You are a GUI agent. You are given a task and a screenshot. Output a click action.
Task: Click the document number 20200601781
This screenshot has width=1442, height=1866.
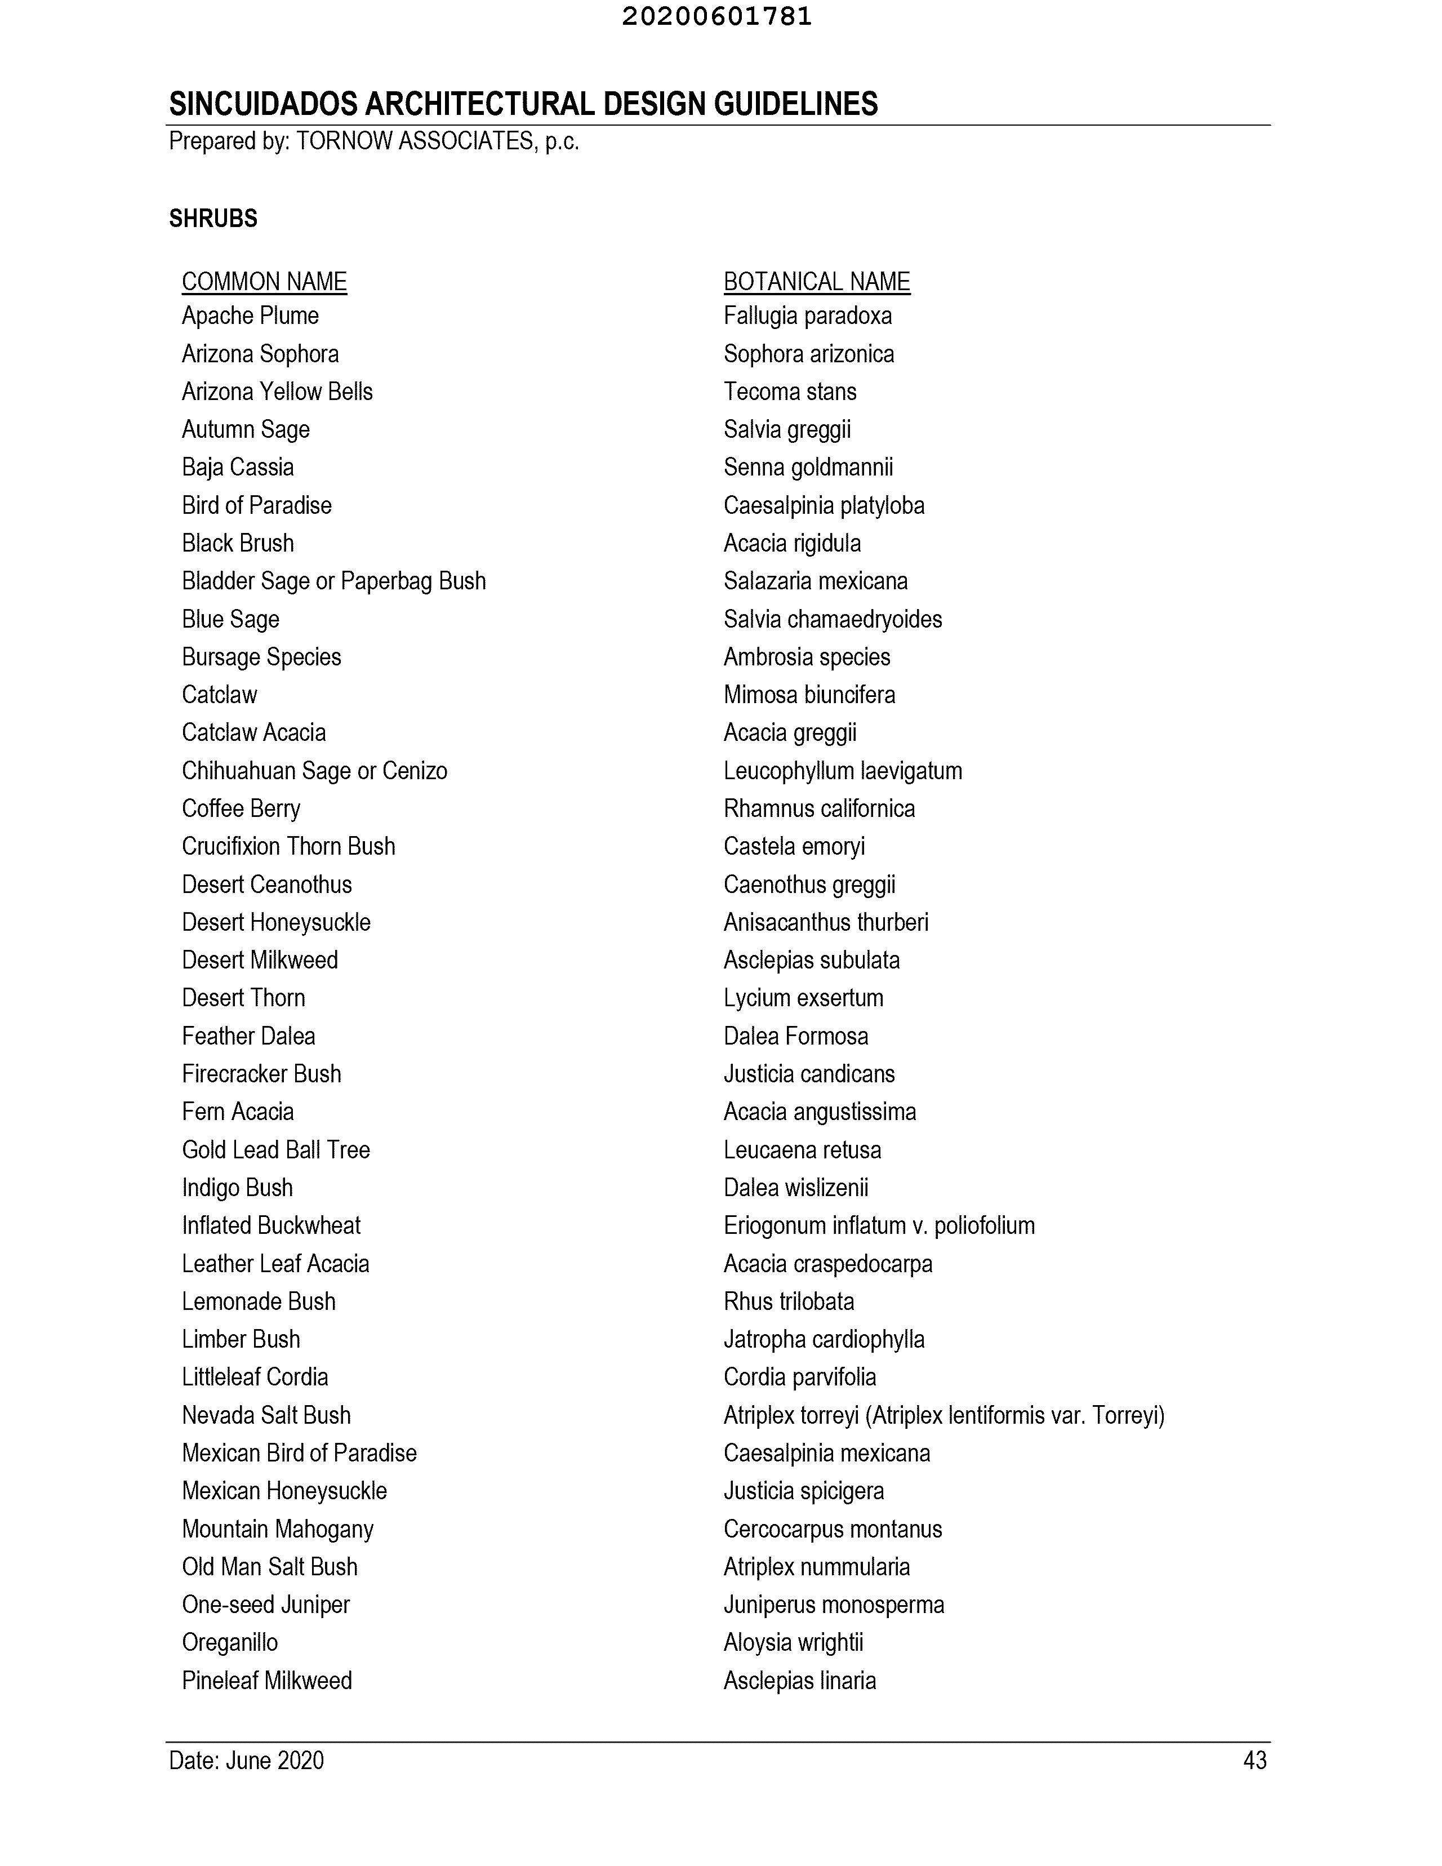click(716, 17)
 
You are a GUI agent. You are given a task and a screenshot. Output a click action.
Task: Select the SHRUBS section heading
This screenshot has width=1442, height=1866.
click(213, 219)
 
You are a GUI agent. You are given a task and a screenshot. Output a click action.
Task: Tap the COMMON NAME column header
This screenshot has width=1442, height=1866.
click(264, 282)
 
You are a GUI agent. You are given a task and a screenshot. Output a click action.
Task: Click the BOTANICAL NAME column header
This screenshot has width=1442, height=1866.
click(817, 282)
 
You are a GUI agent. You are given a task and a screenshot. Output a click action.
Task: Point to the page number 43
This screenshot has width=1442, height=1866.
click(1254, 1760)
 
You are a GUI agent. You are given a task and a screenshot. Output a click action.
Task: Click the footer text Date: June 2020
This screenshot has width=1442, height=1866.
click(246, 1760)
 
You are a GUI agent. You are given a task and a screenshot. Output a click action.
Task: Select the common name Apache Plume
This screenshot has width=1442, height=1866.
click(250, 316)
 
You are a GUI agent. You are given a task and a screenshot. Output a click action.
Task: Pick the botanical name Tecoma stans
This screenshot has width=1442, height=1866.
click(789, 392)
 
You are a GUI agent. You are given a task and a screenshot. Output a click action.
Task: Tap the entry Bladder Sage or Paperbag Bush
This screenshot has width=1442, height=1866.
click(333, 581)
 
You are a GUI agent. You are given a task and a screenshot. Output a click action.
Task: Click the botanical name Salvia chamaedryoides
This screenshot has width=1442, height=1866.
click(832, 619)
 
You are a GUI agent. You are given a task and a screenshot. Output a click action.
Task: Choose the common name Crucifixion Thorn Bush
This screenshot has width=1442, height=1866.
click(288, 846)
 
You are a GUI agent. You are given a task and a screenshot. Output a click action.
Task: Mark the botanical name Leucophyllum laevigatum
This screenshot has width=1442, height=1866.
click(842, 771)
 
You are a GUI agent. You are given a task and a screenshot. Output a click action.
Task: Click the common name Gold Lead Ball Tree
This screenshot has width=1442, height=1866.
click(275, 1150)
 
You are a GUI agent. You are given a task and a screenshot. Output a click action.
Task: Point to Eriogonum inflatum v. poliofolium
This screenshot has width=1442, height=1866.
click(878, 1225)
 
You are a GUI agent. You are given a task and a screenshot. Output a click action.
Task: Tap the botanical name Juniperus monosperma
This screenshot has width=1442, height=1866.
click(833, 1605)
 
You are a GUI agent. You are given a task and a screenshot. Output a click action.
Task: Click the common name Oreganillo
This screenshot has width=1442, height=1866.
click(230, 1642)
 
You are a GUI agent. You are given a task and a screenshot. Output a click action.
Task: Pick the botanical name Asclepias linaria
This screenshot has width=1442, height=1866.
click(800, 1681)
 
